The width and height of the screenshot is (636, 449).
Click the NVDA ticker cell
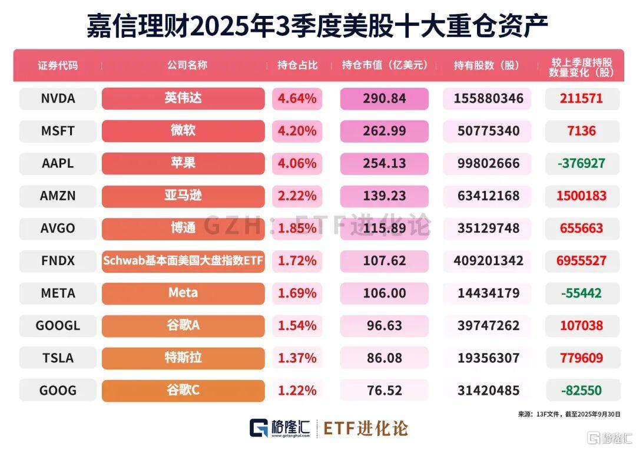58,98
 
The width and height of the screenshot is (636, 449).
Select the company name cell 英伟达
183,98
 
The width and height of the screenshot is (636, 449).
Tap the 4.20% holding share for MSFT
297,131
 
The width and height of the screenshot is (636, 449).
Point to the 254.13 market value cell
384,163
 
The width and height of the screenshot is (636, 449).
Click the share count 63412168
486,196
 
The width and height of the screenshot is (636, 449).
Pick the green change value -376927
582,163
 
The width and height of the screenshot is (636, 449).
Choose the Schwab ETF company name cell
183,260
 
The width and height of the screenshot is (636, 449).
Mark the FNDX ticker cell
58,260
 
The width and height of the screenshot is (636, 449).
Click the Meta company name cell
183,293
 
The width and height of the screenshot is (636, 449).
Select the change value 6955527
582,260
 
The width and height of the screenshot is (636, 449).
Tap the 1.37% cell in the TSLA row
297,358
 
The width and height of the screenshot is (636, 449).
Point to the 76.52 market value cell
384,390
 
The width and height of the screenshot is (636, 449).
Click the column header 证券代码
58,65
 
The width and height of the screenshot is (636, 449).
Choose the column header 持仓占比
297,65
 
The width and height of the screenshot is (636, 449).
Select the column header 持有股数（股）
486,65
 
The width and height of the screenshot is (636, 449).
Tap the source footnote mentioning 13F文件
569,414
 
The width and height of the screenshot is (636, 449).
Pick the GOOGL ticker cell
58,325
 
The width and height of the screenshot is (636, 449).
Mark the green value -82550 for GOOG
582,390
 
